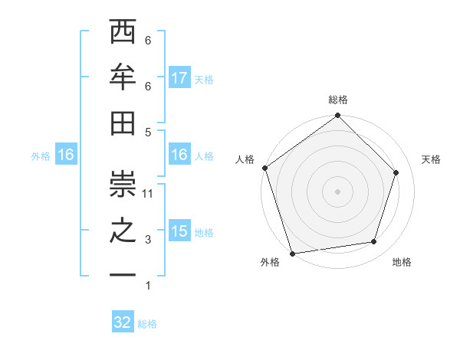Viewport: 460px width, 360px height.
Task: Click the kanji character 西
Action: [123, 34]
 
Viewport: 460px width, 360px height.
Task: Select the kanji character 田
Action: [123, 123]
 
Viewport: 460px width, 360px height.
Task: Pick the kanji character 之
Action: [123, 231]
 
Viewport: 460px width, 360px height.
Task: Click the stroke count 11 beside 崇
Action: [148, 194]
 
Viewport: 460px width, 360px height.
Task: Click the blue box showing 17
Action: [179, 78]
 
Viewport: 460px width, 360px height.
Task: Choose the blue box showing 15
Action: [179, 231]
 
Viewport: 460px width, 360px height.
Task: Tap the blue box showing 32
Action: [123, 322]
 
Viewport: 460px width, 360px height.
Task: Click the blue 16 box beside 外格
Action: [66, 155]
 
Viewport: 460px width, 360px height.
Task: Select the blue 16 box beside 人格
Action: [179, 155]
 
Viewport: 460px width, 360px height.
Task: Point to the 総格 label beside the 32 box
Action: [147, 324]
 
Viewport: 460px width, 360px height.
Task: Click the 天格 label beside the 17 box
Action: [204, 80]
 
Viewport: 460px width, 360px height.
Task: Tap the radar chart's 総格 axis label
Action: [337, 100]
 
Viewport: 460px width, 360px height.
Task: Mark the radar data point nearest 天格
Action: [396, 172]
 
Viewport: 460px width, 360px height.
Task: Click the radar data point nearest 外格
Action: [293, 253]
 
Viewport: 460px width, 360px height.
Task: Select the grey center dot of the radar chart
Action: [337, 191]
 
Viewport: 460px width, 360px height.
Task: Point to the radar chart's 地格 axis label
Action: [402, 262]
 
